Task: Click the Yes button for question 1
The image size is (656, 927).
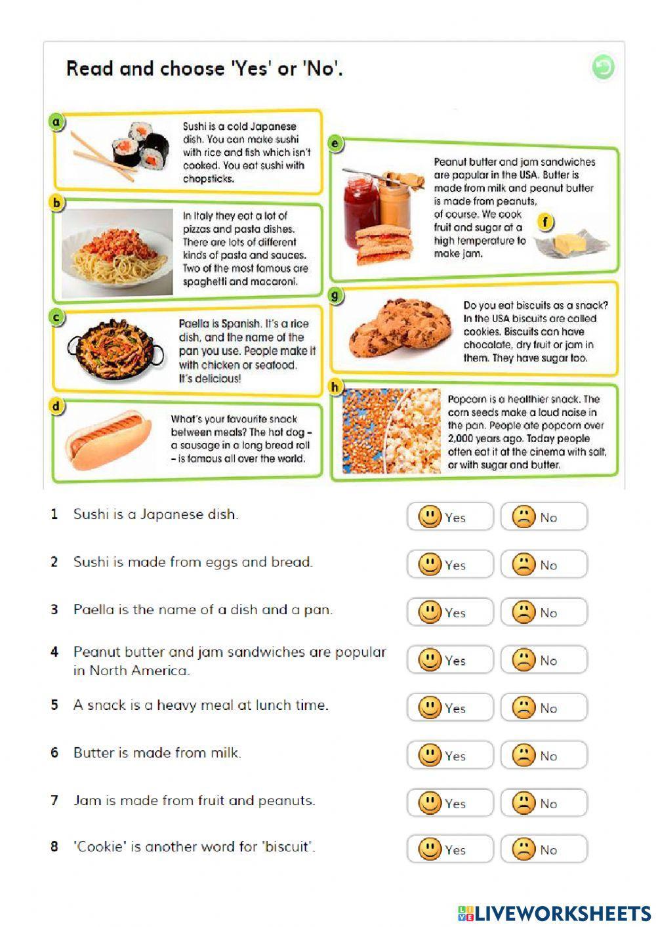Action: tap(449, 517)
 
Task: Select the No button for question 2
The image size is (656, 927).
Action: tap(543, 564)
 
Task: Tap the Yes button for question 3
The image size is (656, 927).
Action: tap(449, 612)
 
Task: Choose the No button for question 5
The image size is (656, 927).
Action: tap(543, 708)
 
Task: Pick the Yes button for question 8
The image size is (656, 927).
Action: tap(449, 850)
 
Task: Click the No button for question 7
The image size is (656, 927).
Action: tap(543, 803)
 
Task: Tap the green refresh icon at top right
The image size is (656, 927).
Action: tap(602, 67)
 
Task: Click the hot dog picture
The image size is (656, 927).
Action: tap(109, 440)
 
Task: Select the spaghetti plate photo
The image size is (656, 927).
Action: tap(117, 253)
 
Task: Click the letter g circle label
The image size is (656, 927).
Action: tap(335, 296)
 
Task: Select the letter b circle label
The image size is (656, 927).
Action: tap(57, 203)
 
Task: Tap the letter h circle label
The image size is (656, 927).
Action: tap(335, 387)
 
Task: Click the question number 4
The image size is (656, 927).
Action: tap(54, 652)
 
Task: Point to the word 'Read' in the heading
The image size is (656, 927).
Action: tap(89, 69)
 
